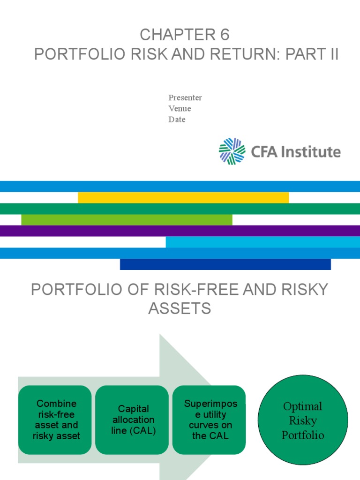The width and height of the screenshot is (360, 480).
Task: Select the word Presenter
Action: (185, 97)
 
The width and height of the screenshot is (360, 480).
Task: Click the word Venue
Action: (180, 108)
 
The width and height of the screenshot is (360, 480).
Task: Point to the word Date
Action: (177, 119)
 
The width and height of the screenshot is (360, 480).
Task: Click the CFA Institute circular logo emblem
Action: (232, 151)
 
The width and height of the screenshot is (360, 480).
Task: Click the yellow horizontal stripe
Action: (183, 197)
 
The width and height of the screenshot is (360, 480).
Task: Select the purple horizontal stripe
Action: (180, 231)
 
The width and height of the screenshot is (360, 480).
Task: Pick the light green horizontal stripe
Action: (127, 219)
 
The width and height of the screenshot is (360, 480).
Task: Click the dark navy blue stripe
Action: (225, 264)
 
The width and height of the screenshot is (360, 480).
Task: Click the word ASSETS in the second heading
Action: (180, 308)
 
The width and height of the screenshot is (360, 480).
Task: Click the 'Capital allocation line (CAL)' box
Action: (133, 420)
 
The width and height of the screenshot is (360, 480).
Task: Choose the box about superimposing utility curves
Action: (209, 420)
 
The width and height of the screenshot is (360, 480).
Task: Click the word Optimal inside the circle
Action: (303, 406)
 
